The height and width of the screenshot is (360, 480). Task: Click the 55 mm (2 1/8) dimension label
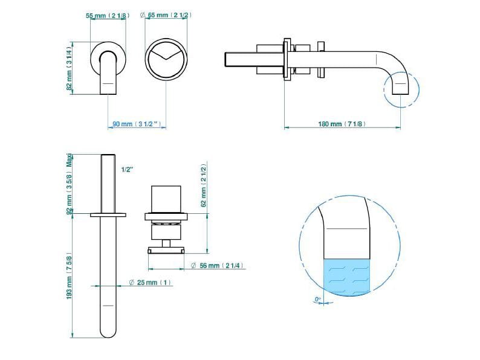[108, 15]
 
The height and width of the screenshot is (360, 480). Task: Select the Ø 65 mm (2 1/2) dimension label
[166, 14]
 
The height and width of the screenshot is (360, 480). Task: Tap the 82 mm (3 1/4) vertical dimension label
[69, 68]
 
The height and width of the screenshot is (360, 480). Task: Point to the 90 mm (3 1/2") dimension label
[137, 124]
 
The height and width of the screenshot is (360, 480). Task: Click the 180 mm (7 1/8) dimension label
[342, 124]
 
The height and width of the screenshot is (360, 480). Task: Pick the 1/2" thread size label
[128, 170]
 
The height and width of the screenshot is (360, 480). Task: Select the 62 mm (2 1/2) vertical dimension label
[203, 185]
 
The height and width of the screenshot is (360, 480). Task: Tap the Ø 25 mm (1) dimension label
[150, 282]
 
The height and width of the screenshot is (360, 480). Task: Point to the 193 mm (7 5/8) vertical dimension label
[69, 276]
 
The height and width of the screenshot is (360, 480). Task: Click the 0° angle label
[318, 299]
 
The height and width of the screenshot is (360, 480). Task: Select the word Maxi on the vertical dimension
[70, 160]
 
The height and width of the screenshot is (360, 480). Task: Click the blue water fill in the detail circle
[347, 277]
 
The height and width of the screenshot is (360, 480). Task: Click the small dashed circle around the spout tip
[418, 89]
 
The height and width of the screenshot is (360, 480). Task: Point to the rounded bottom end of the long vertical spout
[108, 333]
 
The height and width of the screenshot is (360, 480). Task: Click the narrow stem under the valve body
[166, 243]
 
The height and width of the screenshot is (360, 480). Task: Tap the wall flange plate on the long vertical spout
[108, 215]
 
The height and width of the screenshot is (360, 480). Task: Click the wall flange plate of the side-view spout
[287, 59]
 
